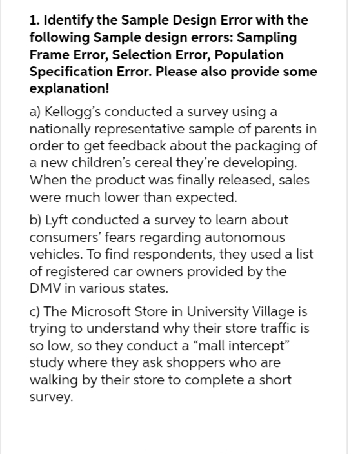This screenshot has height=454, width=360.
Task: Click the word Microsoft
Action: [x=100, y=311]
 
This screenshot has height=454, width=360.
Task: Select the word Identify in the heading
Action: [x=68, y=21]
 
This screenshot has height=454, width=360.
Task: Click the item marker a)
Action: [x=37, y=112]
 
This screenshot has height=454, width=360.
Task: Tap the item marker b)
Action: [x=37, y=221]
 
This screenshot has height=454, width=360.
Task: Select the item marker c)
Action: [x=36, y=311]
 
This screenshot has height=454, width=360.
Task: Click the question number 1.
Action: [x=35, y=21]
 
